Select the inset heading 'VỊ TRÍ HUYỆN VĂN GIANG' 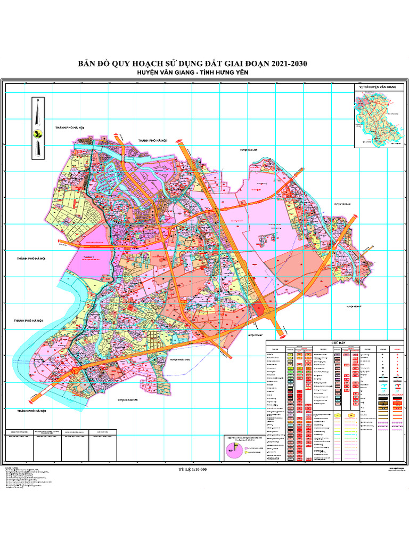(x=378, y=87)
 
